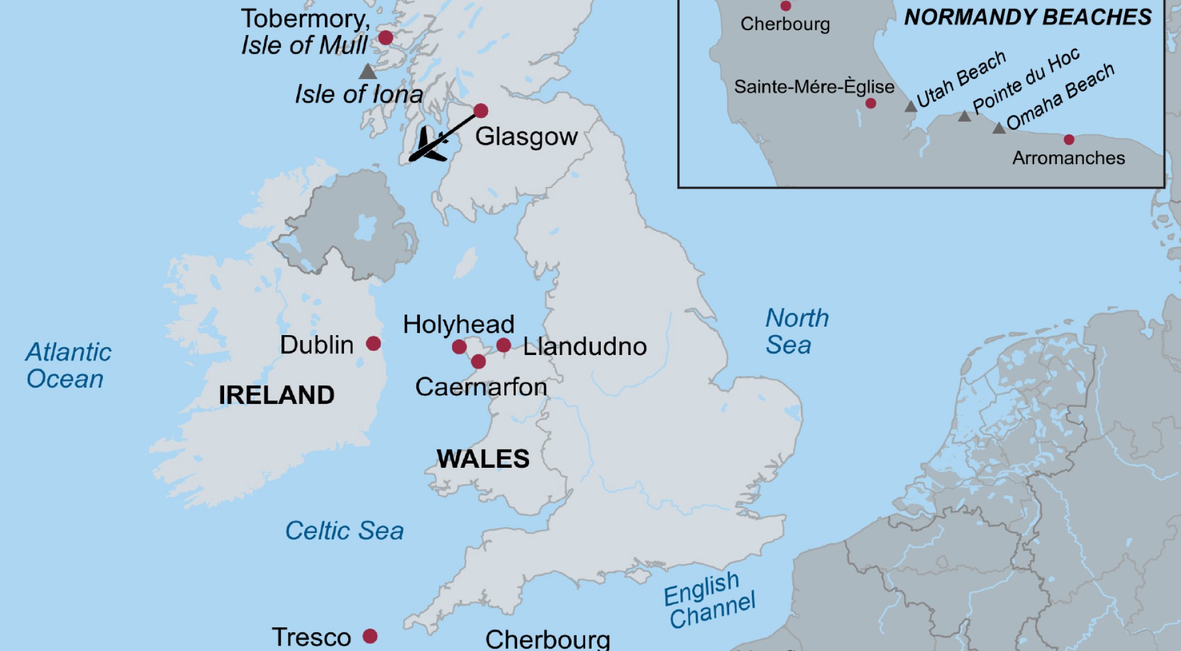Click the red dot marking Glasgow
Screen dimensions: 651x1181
pyautogui.click(x=480, y=110)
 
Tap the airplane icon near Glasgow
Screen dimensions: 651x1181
pyautogui.click(x=430, y=145)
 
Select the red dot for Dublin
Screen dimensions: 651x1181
pyautogui.click(x=374, y=344)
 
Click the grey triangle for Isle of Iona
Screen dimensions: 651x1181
pyautogui.click(x=368, y=72)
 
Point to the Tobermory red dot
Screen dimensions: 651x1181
pyautogui.click(x=386, y=38)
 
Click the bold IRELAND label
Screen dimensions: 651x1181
pyautogui.click(x=277, y=395)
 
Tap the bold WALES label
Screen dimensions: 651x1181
pyautogui.click(x=483, y=459)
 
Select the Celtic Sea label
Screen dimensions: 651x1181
pyautogui.click(x=344, y=530)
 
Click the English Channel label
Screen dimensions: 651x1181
pyautogui.click(x=709, y=600)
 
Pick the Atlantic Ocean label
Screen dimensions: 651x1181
pyautogui.click(x=67, y=365)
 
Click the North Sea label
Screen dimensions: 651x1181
pyautogui.click(x=797, y=332)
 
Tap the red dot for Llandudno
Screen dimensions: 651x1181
pyautogui.click(x=504, y=345)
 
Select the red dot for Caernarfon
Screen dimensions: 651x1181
pyautogui.click(x=478, y=362)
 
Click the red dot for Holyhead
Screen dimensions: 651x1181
pyautogui.click(x=459, y=347)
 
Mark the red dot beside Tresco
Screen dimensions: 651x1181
pyautogui.click(x=370, y=636)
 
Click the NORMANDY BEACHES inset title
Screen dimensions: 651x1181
pyautogui.click(x=1028, y=17)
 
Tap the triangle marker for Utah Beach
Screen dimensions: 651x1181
pyautogui.click(x=911, y=107)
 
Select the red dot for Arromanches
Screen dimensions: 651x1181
pyautogui.click(x=1069, y=140)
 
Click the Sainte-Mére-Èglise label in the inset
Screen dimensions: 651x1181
pyautogui.click(x=813, y=87)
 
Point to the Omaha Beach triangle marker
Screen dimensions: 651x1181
pyautogui.click(x=999, y=128)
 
